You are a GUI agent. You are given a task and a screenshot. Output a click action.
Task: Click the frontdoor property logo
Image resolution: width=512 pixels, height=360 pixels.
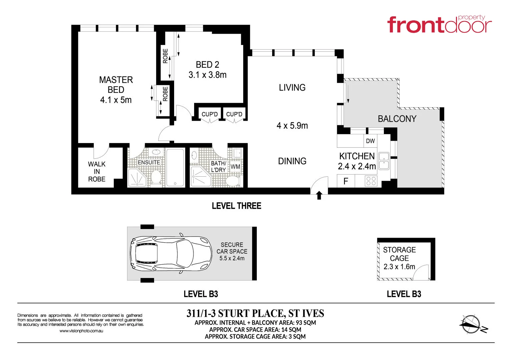[439, 24]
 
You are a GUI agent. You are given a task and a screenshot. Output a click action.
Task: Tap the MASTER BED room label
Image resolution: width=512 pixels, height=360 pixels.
[116, 85]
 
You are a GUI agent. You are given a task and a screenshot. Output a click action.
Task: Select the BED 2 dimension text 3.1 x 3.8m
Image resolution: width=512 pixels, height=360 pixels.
[207, 75]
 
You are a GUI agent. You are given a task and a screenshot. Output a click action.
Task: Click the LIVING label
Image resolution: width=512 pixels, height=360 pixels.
[292, 88]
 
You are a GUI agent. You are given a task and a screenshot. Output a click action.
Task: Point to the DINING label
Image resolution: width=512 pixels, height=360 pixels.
[292, 161]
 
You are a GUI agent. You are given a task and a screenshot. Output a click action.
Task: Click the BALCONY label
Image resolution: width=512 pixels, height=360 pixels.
[397, 119]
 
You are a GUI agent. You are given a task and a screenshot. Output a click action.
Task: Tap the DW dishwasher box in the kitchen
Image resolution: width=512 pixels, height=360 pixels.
[370, 141]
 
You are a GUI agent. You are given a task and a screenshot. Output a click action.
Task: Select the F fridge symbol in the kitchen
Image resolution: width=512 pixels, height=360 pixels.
[346, 181]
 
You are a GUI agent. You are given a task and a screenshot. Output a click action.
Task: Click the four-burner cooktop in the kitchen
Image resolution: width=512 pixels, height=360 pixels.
[371, 181]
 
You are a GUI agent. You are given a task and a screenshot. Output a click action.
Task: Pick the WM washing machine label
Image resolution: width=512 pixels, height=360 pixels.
[235, 167]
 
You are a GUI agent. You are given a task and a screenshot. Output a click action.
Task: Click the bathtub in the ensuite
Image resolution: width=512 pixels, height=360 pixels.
[175, 167]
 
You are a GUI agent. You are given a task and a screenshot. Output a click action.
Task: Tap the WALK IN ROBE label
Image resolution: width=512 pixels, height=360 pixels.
[97, 172]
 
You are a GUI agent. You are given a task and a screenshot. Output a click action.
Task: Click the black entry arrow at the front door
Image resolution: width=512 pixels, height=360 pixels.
[319, 195]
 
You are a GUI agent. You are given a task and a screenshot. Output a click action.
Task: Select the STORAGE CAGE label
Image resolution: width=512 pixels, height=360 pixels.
[399, 254]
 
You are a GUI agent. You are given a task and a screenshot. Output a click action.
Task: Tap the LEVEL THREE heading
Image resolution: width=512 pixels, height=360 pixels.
[236, 206]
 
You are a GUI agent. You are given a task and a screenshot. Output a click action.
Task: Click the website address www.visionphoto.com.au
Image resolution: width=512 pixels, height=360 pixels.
[81, 331]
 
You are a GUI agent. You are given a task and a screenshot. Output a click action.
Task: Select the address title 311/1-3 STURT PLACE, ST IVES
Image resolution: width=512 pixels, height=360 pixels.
[255, 314]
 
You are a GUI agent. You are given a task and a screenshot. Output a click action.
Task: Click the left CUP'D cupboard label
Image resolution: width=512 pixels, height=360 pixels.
[209, 114]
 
